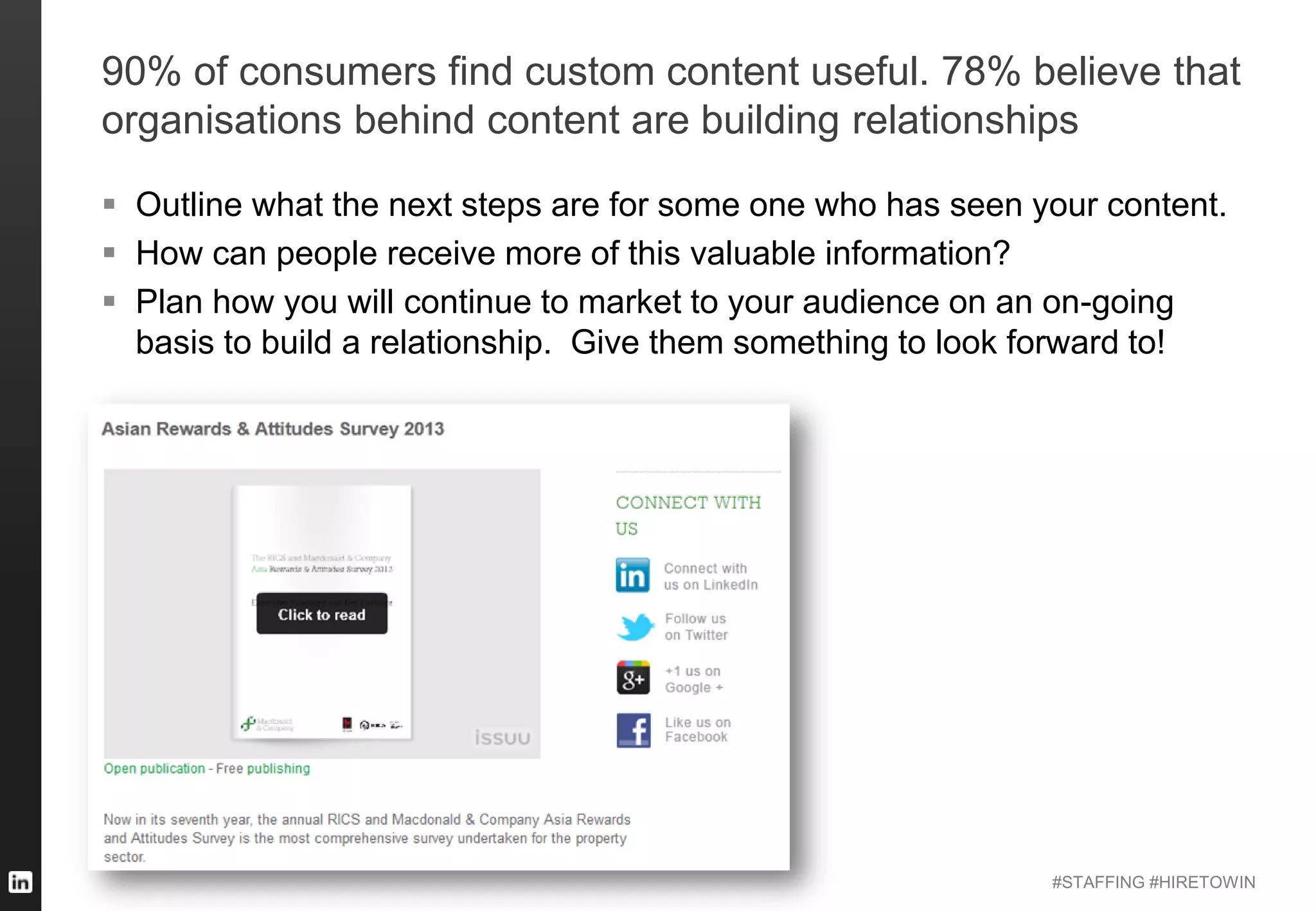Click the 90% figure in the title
[141, 71]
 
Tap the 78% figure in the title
[981, 71]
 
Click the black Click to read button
[321, 614]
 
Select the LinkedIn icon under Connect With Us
[632, 575]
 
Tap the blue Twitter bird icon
[635, 627]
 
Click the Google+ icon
[633, 678]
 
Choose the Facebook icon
[634, 730]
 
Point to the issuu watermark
[502, 738]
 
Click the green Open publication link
[154, 768]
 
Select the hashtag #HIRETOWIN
[1202, 882]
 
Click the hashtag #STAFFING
[1098, 882]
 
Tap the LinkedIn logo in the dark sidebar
[20, 881]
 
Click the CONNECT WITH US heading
[688, 515]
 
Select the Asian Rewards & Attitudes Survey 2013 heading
[272, 429]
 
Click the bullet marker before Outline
[109, 204]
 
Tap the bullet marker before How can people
[109, 252]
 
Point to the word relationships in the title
[965, 120]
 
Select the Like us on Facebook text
[697, 730]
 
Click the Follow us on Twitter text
[696, 627]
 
